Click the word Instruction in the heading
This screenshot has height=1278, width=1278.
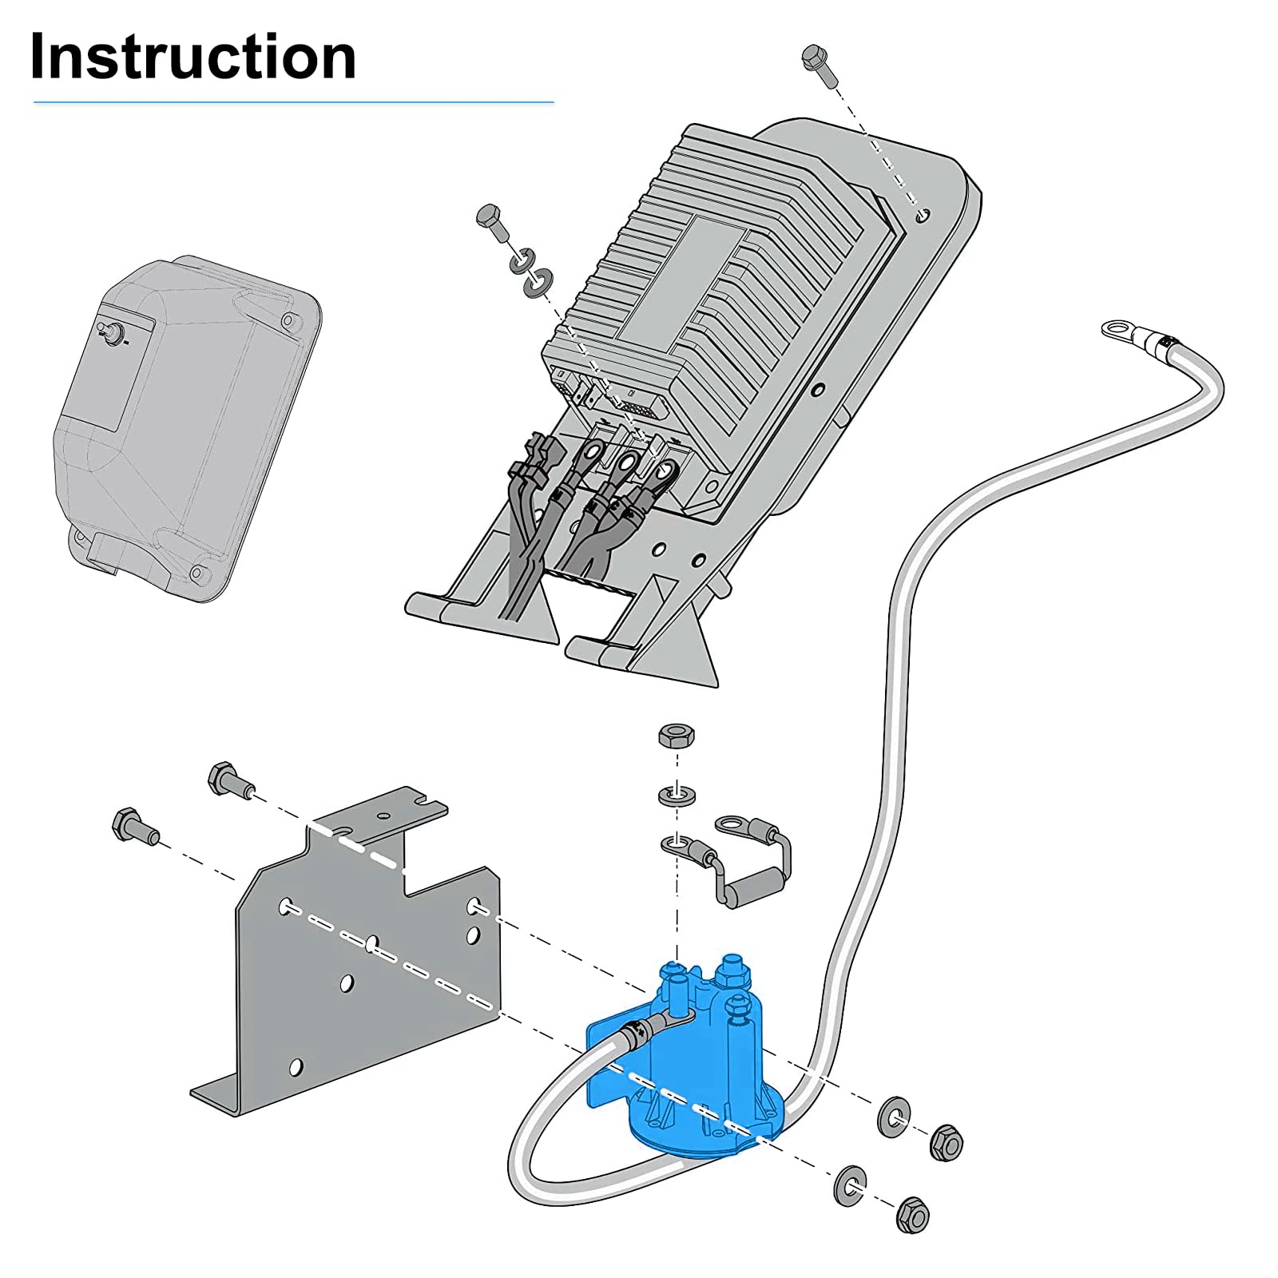coord(192,58)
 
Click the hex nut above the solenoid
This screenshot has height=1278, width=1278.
coord(676,735)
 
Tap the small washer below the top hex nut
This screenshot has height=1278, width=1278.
coord(677,796)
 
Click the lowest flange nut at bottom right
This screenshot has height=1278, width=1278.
coord(912,1216)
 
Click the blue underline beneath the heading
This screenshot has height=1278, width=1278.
coord(293,102)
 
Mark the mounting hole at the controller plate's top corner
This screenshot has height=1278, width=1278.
coord(923,215)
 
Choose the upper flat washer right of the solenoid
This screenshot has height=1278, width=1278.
coord(893,1117)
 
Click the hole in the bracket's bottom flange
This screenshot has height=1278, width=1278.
coord(296,1066)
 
